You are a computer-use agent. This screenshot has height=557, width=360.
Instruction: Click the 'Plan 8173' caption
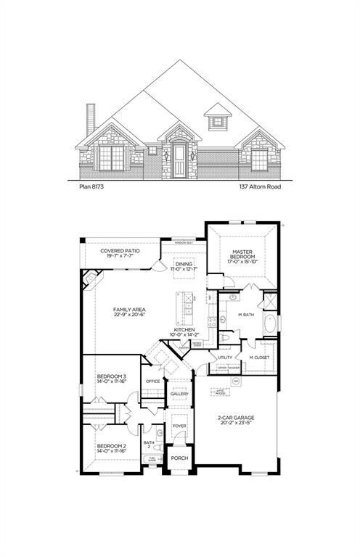click(x=93, y=186)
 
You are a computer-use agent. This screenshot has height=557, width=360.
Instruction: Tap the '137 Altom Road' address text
click(x=261, y=186)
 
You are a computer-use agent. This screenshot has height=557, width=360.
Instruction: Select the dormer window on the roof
click(x=217, y=120)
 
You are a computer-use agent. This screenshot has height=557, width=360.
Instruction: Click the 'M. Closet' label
click(x=259, y=358)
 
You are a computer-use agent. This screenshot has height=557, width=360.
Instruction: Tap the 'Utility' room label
click(x=225, y=358)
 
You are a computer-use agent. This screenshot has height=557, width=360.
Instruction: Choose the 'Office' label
click(x=152, y=381)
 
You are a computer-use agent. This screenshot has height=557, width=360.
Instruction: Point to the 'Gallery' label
click(x=179, y=394)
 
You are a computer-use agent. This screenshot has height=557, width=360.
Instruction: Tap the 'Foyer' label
click(x=179, y=426)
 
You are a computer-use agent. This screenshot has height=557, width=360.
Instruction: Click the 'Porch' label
click(x=179, y=459)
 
